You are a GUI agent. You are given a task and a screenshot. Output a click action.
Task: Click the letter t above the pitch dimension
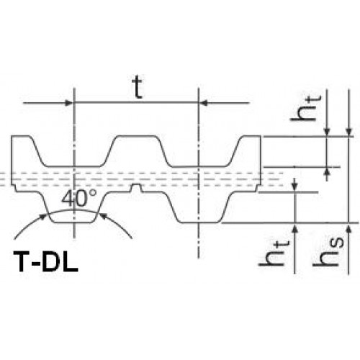click(138, 88)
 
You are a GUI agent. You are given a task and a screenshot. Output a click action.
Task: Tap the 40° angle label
click(79, 199)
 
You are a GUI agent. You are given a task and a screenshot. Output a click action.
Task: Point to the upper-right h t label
click(305, 108)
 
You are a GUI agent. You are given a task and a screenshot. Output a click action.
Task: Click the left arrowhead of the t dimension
click(69, 103)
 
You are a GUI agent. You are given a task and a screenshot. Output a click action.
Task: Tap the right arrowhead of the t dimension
click(204, 103)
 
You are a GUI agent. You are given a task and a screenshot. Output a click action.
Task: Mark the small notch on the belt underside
click(136, 188)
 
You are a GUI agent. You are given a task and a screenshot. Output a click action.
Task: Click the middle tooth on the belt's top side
click(137, 150)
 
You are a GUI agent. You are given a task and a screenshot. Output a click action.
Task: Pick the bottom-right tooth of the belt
click(199, 207)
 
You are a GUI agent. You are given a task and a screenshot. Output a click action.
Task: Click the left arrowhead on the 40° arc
click(42, 217)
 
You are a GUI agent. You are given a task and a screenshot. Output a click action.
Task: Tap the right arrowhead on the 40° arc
click(103, 216)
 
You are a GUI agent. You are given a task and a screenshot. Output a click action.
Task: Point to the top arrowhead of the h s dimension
click(348, 132)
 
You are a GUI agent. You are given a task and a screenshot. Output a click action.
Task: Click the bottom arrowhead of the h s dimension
click(349, 227)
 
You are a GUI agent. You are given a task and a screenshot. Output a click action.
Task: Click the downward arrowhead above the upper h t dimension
click(327, 132)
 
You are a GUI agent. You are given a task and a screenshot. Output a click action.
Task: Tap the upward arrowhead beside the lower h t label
click(295, 227)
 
